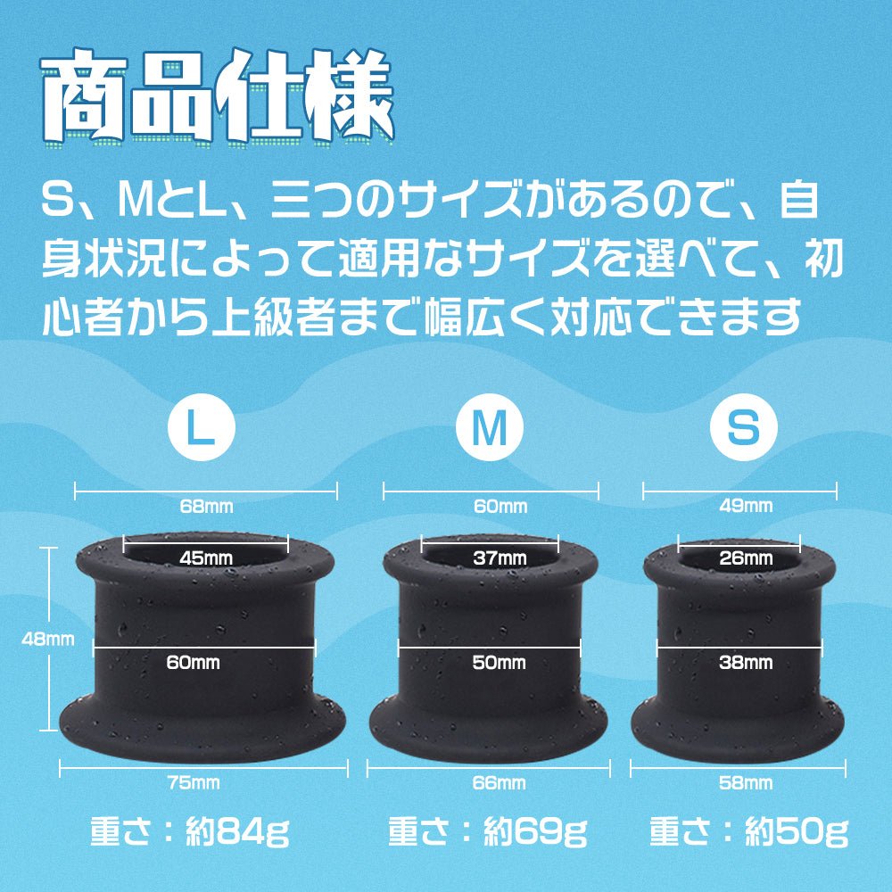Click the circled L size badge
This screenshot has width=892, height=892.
coord(202,426)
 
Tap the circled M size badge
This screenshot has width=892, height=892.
coord(489,426)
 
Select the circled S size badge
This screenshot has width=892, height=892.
coord(744,426)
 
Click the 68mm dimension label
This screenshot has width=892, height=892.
coord(207,506)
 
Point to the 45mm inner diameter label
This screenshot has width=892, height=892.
coord(207,558)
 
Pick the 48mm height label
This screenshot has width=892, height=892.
coord(48,639)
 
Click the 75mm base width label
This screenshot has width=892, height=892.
coord(194,783)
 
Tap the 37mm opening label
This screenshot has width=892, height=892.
coord(500,558)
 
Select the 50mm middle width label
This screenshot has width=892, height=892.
coord(499,662)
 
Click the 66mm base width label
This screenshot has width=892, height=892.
coord(499,783)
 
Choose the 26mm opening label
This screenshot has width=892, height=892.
coord(746,558)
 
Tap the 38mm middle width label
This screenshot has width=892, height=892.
coord(746,662)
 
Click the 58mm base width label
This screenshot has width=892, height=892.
coord(746,783)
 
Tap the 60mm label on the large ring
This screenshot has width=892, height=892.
coord(193,662)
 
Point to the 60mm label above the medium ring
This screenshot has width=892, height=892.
coord(500,506)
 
